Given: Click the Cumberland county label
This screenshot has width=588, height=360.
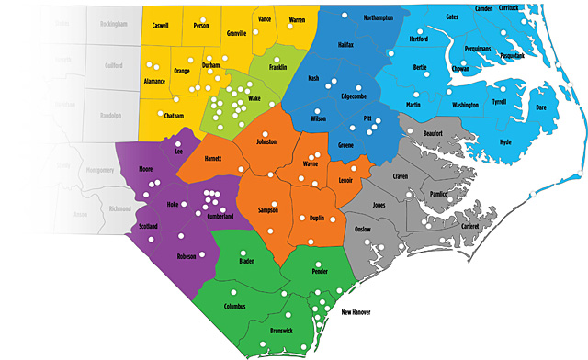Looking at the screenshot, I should coord(213,216).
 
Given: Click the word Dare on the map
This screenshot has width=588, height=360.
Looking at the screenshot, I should coord(541,107).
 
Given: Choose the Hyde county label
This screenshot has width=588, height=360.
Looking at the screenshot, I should coord(505,142).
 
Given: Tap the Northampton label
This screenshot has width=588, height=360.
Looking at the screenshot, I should coord(378,18).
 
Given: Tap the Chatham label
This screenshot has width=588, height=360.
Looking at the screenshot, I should coord(174,116).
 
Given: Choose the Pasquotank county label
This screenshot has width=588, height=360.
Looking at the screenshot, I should coord(507,56).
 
